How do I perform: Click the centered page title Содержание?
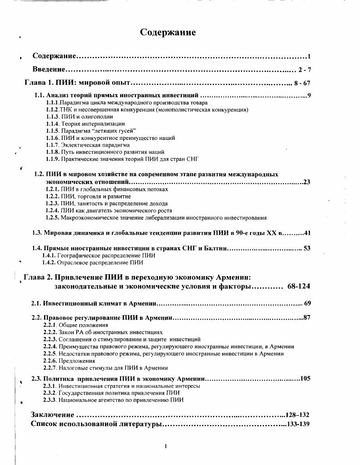click(168, 32)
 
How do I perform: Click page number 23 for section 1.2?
click(306, 182)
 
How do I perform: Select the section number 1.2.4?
click(53, 210)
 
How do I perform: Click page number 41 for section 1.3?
click(307, 233)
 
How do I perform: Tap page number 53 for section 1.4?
click(307, 248)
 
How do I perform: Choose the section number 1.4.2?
click(49, 262)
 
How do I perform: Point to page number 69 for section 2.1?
click(307, 303)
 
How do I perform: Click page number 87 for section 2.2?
click(306, 317)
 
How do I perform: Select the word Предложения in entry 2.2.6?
click(75, 361)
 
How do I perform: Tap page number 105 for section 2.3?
click(305, 378)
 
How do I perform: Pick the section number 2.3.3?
click(50, 400)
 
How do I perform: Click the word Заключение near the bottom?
click(52, 415)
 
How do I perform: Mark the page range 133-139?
click(298, 424)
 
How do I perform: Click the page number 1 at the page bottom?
click(166, 446)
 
